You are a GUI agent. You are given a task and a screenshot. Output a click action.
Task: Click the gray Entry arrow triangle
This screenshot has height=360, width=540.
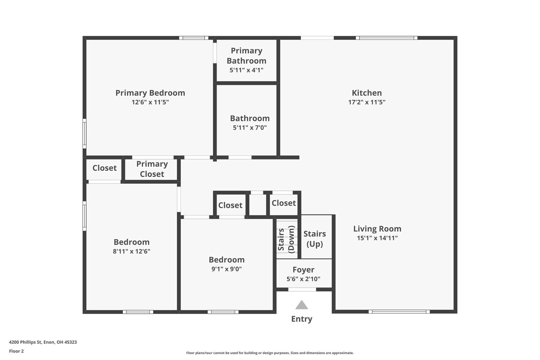point(302,305)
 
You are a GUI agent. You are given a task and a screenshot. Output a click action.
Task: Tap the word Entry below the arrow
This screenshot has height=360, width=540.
point(302,319)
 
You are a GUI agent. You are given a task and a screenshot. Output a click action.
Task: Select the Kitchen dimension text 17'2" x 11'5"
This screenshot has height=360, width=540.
point(367,102)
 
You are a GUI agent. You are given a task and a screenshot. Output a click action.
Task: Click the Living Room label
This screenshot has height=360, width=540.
point(377,229)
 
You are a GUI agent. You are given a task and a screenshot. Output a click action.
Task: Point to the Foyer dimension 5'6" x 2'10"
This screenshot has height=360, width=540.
point(303,279)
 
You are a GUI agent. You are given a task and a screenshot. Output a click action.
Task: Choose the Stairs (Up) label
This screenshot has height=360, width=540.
point(315,239)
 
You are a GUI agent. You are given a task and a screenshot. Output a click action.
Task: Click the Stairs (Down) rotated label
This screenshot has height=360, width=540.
point(286,239)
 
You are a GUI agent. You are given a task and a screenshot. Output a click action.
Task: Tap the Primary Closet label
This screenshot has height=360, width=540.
point(152,169)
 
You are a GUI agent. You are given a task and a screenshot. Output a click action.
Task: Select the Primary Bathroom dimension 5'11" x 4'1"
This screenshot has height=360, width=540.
point(246,70)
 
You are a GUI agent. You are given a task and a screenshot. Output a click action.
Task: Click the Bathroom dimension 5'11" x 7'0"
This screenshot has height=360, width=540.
point(250,128)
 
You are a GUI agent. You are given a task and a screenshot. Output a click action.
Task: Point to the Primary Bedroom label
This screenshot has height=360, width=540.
point(150,93)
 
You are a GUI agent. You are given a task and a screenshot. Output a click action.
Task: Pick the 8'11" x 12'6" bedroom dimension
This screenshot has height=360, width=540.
point(132,251)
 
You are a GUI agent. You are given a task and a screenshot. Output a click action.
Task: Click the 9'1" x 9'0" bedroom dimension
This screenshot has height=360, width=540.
point(226,269)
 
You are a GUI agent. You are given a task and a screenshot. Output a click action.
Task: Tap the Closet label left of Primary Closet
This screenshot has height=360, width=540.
point(104,168)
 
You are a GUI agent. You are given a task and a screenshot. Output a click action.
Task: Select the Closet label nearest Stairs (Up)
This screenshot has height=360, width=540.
point(284,203)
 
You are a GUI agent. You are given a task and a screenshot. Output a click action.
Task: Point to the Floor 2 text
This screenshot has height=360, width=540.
point(16,351)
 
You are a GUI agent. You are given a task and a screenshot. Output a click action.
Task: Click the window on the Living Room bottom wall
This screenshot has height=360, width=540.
point(399,311)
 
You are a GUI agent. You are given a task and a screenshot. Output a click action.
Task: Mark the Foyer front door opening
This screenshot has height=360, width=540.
point(302,289)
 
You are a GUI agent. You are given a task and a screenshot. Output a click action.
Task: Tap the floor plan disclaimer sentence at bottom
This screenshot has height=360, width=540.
point(270,353)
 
